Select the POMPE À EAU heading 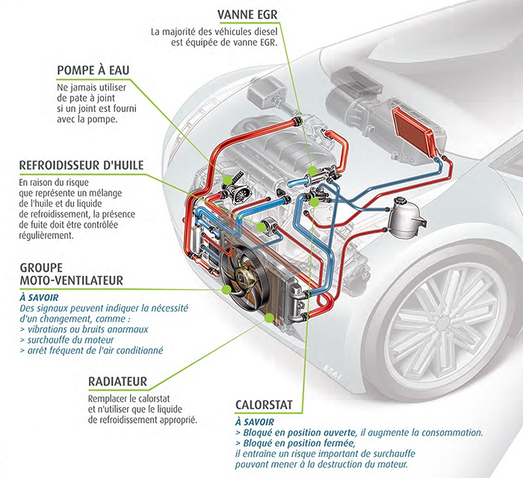coord(93,70)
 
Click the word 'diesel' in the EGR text coord(264,31)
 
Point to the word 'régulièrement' coord(45,235)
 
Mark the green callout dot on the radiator coord(267,317)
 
